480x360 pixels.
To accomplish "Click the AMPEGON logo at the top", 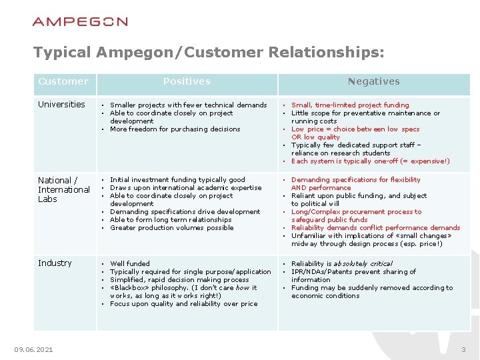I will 80,21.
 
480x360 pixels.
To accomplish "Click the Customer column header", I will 63,81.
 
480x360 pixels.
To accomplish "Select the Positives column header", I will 187,81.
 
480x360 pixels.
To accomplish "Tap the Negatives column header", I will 373,81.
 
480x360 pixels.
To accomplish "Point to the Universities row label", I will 61,105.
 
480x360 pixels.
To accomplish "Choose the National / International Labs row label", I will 63,189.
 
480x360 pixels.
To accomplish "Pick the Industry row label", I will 55,263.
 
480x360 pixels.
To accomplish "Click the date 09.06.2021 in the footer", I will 34,350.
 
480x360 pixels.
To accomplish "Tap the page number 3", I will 463,350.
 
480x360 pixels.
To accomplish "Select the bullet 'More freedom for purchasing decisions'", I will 175,129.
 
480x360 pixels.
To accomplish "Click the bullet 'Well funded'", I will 130,264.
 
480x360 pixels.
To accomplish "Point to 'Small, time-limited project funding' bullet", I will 350,105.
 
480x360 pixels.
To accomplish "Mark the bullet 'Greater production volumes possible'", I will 171,228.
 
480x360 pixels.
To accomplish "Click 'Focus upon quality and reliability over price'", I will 183,304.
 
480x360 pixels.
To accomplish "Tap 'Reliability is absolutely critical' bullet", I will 341,264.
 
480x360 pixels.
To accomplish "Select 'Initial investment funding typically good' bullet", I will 177,180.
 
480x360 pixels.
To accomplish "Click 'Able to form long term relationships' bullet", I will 171,220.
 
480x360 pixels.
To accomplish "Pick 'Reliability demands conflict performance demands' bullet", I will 375,228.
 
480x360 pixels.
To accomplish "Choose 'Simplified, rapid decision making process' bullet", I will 179,280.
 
